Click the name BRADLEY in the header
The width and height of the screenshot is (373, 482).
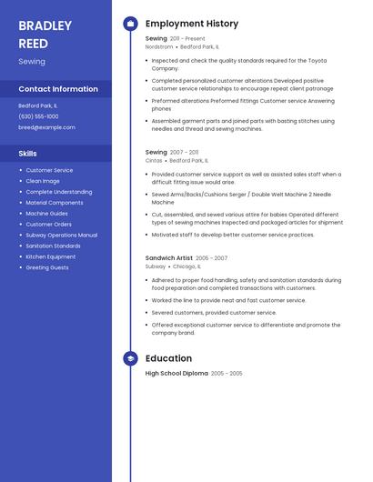click(x=46, y=25)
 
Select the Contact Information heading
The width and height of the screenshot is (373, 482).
click(x=58, y=89)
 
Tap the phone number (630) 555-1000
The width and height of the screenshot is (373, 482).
click(x=38, y=116)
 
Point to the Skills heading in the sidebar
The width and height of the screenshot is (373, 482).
click(x=27, y=154)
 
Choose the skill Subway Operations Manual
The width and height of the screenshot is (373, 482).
click(x=61, y=235)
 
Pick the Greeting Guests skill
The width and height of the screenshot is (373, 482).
click(x=47, y=267)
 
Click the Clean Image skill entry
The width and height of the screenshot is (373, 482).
click(x=43, y=181)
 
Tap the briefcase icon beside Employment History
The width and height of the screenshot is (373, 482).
click(x=130, y=24)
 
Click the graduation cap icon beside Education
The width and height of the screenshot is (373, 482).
click(x=130, y=358)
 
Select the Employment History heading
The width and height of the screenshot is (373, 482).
click(x=192, y=24)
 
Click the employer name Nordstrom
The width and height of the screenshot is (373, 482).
click(x=159, y=46)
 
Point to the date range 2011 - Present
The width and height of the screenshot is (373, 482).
click(x=187, y=39)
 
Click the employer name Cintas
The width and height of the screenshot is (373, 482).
click(x=154, y=160)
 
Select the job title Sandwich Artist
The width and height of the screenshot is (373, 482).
click(x=168, y=259)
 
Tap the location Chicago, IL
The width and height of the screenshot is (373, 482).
click(x=186, y=267)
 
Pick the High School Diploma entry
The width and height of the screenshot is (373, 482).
click(x=176, y=373)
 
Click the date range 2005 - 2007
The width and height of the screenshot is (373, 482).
click(x=211, y=259)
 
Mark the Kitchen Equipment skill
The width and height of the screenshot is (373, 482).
click(x=51, y=256)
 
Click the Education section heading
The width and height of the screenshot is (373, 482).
click(x=168, y=358)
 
